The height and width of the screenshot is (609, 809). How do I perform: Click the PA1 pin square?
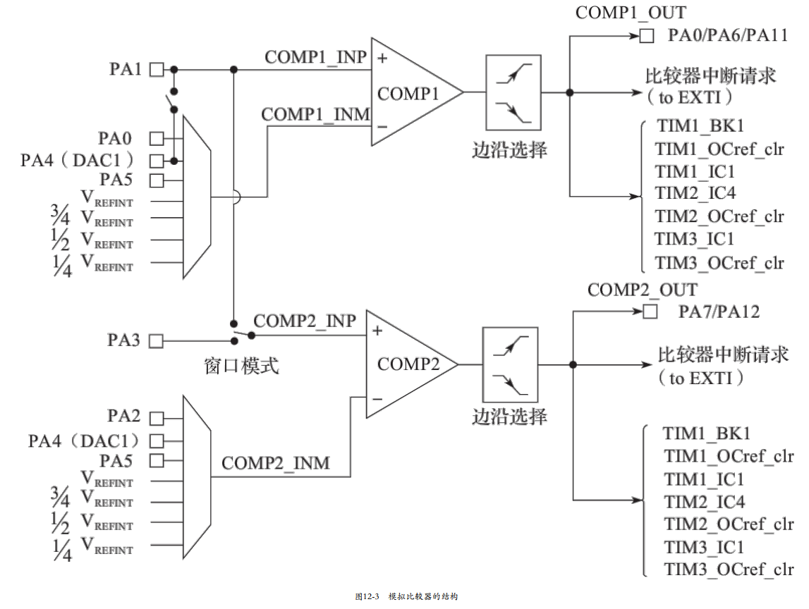coord(157,70)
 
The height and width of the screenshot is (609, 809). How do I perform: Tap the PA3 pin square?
coord(156,341)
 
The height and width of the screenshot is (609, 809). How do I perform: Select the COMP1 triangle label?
coord(408,94)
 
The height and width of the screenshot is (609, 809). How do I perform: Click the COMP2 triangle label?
coord(408,364)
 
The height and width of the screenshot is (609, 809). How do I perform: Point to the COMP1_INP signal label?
coord(316,57)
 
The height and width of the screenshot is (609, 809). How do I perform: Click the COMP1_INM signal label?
coord(316,114)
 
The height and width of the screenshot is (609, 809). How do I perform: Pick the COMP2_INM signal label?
coord(276,463)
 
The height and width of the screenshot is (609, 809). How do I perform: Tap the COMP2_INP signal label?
coord(305,321)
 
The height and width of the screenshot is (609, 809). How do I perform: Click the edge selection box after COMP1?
coord(513,92)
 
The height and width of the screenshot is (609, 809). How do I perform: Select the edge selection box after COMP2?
coord(510,364)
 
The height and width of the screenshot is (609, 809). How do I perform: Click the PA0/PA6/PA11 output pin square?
coord(647,36)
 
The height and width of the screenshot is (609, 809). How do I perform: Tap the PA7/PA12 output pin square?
coord(650,312)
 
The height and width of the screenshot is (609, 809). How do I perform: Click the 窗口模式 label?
coord(241,366)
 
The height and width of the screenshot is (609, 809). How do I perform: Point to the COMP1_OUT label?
coord(631,13)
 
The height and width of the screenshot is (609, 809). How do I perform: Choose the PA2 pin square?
coord(157,418)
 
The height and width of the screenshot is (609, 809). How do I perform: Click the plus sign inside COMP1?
coord(382,59)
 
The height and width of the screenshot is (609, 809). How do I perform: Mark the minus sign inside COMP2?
coord(377,399)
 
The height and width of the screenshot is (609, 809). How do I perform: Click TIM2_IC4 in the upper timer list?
coord(695,193)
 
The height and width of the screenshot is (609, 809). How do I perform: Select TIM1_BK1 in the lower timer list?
coord(706,433)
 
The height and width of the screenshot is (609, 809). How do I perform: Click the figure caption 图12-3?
coord(367,596)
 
